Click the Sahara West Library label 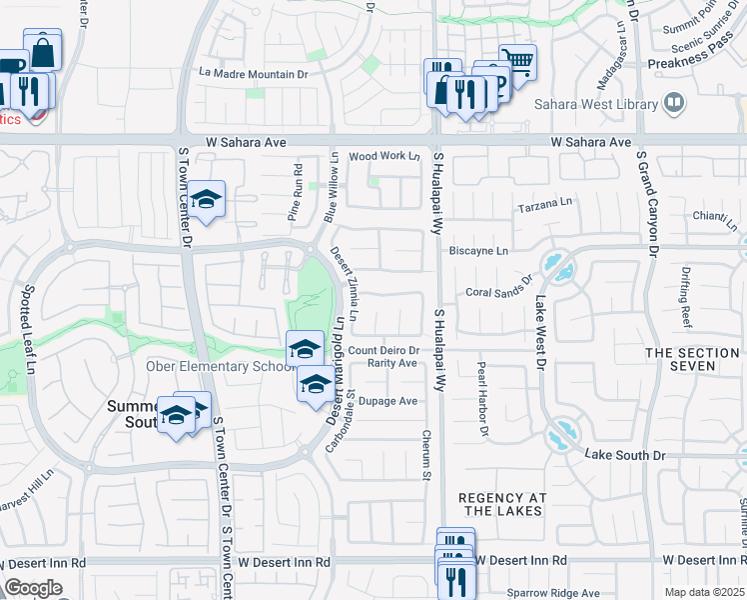[x=596, y=104]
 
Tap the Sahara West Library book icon [x=674, y=103]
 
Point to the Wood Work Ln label [x=384, y=156]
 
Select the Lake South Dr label [x=625, y=455]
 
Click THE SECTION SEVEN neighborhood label [x=693, y=360]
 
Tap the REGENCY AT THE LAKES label [x=499, y=504]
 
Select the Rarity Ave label [x=391, y=363]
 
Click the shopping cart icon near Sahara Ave [x=517, y=60]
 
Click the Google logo [x=33, y=588]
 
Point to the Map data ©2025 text [x=705, y=592]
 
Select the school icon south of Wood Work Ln [x=207, y=199]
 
